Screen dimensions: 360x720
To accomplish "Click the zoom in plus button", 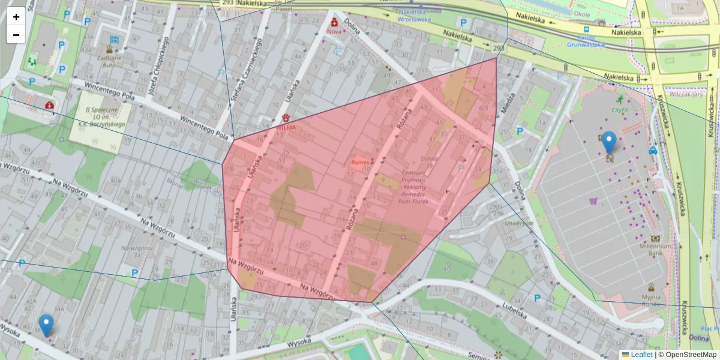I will [x=16, y=17].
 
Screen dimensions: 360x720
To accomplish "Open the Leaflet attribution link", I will [x=641, y=355].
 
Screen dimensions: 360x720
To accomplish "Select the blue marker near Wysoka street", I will [x=46, y=325].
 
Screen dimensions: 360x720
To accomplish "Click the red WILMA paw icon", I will [x=286, y=118].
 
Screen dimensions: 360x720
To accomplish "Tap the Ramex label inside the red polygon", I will [x=361, y=162].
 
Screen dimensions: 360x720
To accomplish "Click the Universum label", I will [x=518, y=223].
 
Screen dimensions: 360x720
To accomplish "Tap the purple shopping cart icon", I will [x=593, y=202].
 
